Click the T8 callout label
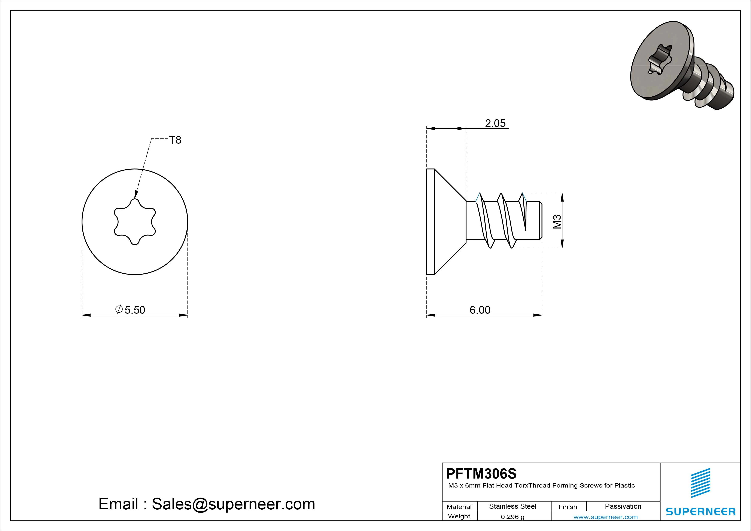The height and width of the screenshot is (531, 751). click(x=175, y=140)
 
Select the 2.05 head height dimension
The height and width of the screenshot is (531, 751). click(x=495, y=123)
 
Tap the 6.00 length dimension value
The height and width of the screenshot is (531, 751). click(x=480, y=310)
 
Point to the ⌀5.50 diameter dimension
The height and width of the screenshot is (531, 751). click(x=130, y=310)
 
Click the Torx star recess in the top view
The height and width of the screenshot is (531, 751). click(x=135, y=222)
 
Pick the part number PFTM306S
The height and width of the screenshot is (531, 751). click(x=481, y=473)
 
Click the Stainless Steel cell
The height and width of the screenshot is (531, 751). click(x=513, y=506)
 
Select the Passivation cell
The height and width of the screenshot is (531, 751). click(x=623, y=506)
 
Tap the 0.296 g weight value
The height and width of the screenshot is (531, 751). click(x=513, y=517)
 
